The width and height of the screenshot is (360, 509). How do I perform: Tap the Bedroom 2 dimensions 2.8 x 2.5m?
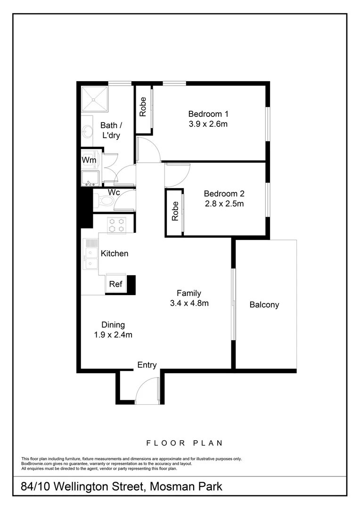[224, 204]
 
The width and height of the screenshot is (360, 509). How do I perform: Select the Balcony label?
[264, 304]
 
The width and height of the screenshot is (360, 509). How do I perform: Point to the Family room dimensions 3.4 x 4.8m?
[189, 303]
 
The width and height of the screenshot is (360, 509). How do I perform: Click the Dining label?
[113, 325]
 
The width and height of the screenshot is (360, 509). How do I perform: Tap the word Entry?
[147, 365]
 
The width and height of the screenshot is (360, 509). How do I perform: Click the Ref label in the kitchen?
[115, 284]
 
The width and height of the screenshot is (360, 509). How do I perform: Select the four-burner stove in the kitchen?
[116, 224]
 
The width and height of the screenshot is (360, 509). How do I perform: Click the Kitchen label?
[115, 254]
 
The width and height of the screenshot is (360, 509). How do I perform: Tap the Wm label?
[89, 160]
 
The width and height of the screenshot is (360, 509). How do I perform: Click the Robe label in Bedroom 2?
[175, 211]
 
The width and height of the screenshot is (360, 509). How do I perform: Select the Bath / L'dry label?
[111, 131]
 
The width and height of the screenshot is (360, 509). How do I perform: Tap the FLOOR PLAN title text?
[184, 443]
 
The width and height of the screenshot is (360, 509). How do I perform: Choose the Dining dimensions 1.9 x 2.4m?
[113, 335]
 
